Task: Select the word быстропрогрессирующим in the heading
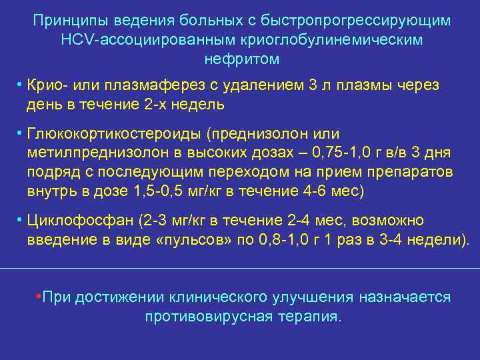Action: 366,21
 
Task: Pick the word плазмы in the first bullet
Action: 372,87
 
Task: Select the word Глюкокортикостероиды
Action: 114,134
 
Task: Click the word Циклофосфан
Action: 71,221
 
